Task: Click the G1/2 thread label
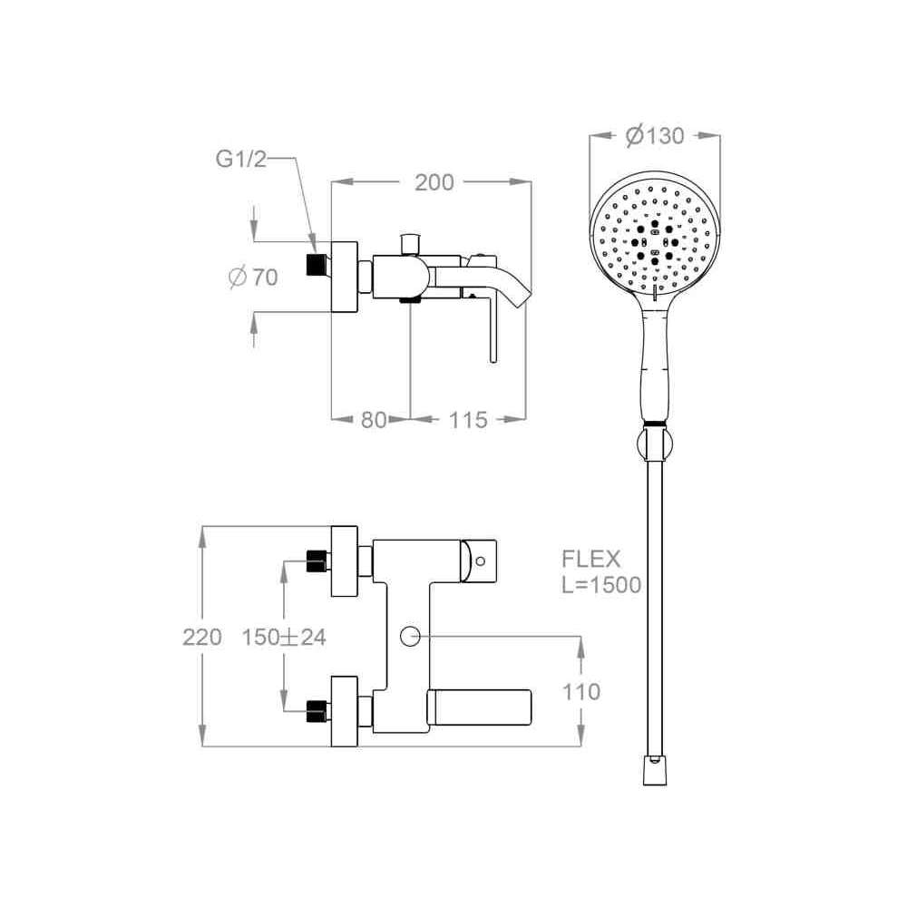click(241, 159)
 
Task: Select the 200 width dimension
click(434, 183)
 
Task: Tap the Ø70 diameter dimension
click(254, 277)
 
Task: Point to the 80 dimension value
click(373, 419)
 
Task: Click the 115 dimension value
click(468, 419)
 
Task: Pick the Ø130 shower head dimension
click(656, 136)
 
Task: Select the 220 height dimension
click(202, 637)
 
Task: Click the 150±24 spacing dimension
click(284, 637)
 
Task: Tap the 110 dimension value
click(581, 691)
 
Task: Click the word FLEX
click(591, 560)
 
